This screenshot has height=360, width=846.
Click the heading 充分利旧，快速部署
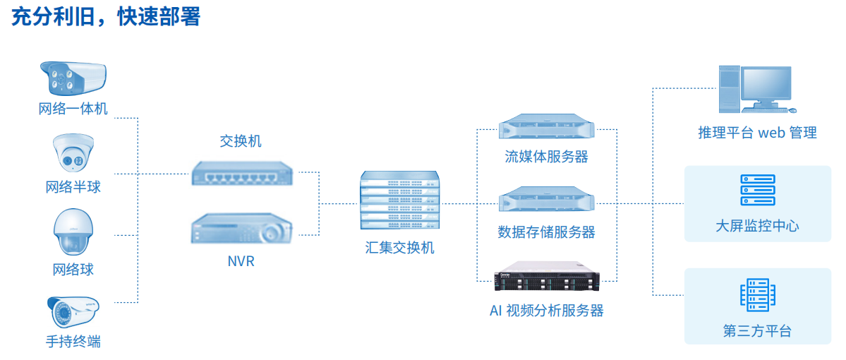click(106, 17)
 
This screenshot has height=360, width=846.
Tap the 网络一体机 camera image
click(73, 78)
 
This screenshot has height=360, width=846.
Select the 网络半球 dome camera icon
click(73, 155)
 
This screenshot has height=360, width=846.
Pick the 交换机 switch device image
click(242, 173)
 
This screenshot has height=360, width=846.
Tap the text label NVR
click(241, 262)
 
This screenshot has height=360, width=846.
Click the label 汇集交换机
click(399, 248)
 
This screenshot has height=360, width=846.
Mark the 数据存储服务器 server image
click(547, 201)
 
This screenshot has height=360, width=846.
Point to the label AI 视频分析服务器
click(547, 311)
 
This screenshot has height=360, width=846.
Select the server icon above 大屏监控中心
click(758, 189)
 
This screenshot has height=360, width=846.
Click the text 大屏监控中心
click(758, 226)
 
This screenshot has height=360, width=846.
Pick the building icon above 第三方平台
click(758, 295)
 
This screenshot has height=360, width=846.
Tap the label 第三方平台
click(758, 331)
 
